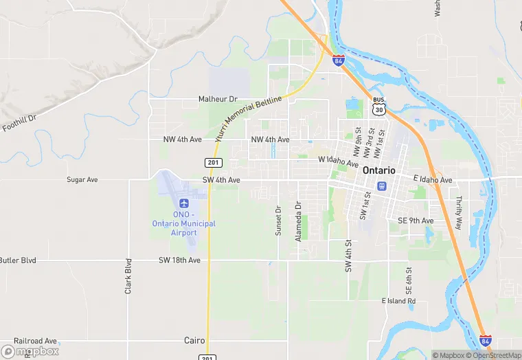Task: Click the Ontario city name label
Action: click(x=378, y=170)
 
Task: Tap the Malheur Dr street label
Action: click(x=217, y=99)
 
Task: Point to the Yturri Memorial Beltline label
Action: click(x=248, y=118)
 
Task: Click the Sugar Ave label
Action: click(x=82, y=179)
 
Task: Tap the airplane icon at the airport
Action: click(x=183, y=203)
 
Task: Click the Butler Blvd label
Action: click(x=18, y=260)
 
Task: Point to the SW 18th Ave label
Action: click(x=179, y=260)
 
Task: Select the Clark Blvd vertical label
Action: click(x=128, y=276)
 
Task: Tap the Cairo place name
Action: click(x=194, y=340)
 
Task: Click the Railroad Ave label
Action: click(x=35, y=341)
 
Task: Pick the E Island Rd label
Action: click(x=398, y=301)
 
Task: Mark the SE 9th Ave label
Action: click(x=416, y=221)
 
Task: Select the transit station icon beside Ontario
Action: click(x=382, y=185)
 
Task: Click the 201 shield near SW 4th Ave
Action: click(x=212, y=162)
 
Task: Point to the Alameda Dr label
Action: click(x=298, y=221)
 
